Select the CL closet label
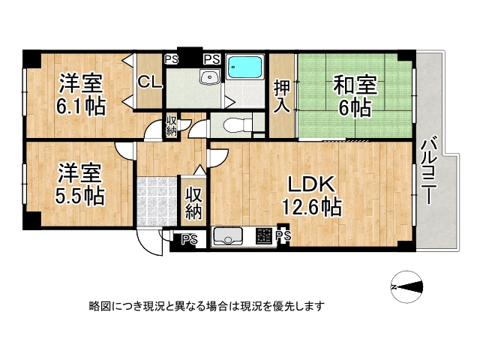(149, 82)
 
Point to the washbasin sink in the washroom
(208, 79)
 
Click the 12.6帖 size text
(312, 204)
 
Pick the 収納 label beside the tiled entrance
(193, 202)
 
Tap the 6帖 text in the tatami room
(355, 107)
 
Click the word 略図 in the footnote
(98, 306)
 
